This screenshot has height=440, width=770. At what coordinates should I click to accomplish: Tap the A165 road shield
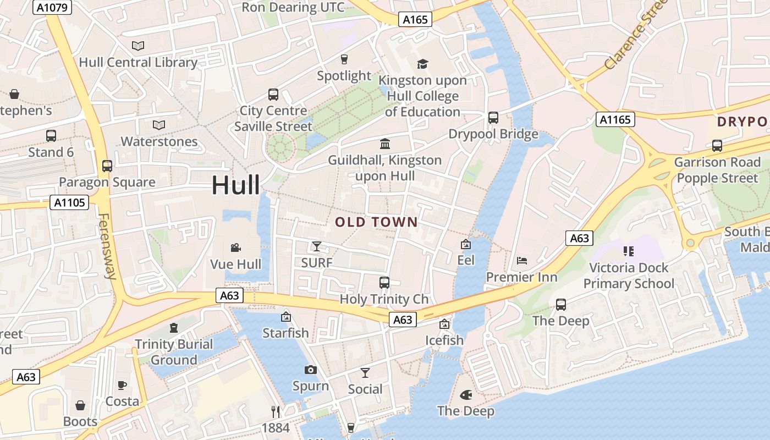415,20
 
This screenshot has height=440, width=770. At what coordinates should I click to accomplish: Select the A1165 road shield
615,119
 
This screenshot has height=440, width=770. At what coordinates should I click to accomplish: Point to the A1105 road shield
70,202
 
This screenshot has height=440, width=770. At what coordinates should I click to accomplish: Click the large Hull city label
236,185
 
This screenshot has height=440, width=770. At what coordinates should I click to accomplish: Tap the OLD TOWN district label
377,222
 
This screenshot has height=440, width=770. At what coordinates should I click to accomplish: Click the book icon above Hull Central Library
138,46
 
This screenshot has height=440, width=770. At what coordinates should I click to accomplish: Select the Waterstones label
159,141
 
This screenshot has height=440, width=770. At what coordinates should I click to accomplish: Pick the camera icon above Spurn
311,370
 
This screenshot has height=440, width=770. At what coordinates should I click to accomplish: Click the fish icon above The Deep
466,394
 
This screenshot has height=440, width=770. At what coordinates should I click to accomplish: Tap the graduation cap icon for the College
422,64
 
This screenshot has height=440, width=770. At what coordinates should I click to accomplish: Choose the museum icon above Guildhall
385,144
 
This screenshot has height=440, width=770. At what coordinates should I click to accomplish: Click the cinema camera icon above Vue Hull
236,248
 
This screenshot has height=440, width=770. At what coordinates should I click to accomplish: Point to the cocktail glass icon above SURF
317,246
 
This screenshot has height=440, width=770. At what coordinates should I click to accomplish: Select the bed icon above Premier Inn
522,261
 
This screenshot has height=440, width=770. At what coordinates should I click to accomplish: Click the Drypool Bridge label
493,134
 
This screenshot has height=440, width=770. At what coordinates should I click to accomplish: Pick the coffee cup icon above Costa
122,385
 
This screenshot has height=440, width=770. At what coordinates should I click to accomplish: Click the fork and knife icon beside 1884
276,411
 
